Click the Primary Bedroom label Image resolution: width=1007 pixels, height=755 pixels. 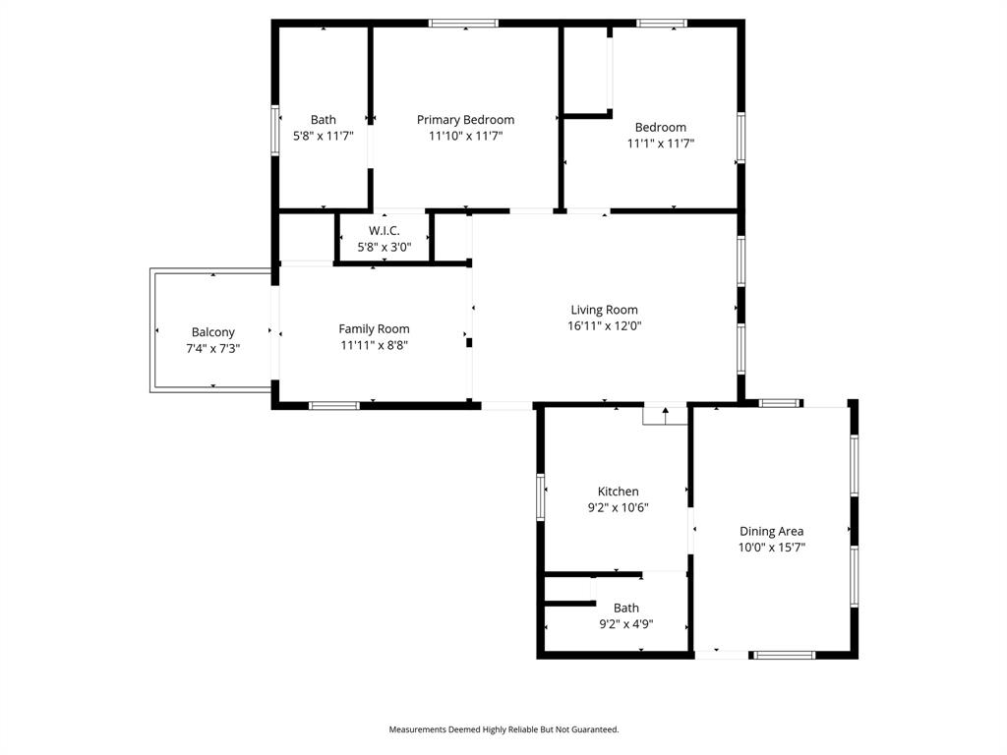tap(465, 120)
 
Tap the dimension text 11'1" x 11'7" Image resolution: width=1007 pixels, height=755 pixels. tap(661, 144)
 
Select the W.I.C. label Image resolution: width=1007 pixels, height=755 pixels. tap(384, 230)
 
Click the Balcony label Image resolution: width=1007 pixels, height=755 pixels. tap(213, 332)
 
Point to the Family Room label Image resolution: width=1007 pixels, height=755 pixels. tap(374, 328)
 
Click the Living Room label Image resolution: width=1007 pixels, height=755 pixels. tap(604, 310)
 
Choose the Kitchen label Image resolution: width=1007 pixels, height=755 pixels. tap(618, 492)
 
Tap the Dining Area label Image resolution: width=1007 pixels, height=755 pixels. tap(771, 531)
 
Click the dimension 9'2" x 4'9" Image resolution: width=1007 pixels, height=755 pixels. tap(626, 624)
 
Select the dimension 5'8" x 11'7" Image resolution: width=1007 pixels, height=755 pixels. tap(323, 137)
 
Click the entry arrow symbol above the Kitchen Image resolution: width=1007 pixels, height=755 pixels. tap(665, 414)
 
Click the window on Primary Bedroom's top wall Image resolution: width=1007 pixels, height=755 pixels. tap(463, 24)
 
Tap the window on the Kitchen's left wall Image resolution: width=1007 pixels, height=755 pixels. tap(540, 496)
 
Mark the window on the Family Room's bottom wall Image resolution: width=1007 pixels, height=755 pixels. tap(334, 405)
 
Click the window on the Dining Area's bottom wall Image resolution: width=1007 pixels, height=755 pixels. tap(784, 655)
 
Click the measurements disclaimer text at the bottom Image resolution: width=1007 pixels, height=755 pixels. tap(503, 729)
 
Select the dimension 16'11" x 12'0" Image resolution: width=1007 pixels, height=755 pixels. tap(604, 326)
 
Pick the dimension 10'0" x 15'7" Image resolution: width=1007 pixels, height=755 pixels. tap(771, 548)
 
